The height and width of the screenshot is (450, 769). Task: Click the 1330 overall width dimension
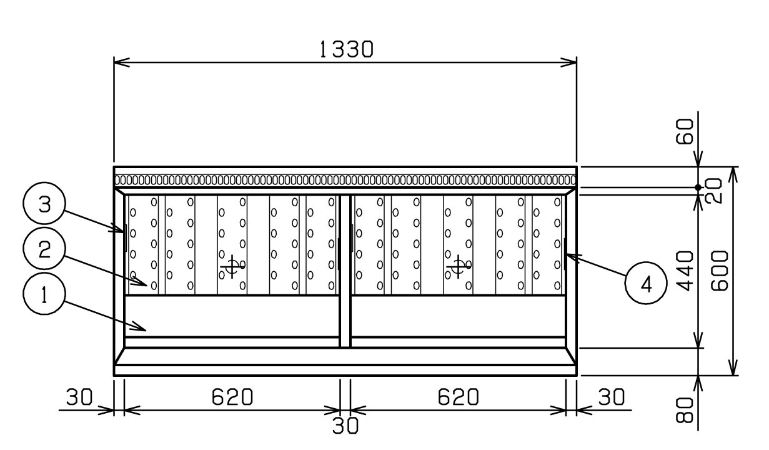[x=346, y=49]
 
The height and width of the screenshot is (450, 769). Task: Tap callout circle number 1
[x=44, y=294]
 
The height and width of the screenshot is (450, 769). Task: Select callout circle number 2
[x=44, y=249]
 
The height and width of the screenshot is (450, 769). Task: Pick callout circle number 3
[x=44, y=204]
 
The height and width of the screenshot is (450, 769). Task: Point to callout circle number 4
[x=646, y=283]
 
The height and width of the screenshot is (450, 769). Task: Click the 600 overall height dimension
[x=719, y=271]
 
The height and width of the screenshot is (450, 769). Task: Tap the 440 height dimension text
[x=685, y=271]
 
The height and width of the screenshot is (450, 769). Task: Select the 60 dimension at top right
[x=685, y=131]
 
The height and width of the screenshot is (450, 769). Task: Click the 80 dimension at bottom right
[x=685, y=409]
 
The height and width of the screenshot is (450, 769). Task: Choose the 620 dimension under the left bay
[x=232, y=397]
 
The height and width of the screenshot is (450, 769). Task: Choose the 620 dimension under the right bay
[x=458, y=397]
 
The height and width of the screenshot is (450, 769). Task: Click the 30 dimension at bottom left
[x=79, y=397]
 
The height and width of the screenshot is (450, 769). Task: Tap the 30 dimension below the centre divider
[x=345, y=426]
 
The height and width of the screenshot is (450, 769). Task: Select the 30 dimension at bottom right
[x=612, y=397]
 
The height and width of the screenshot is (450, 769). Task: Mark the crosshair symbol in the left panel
[x=232, y=266]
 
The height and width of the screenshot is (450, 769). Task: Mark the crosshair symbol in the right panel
[x=459, y=266]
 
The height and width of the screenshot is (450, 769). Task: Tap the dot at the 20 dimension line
[x=698, y=187]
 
